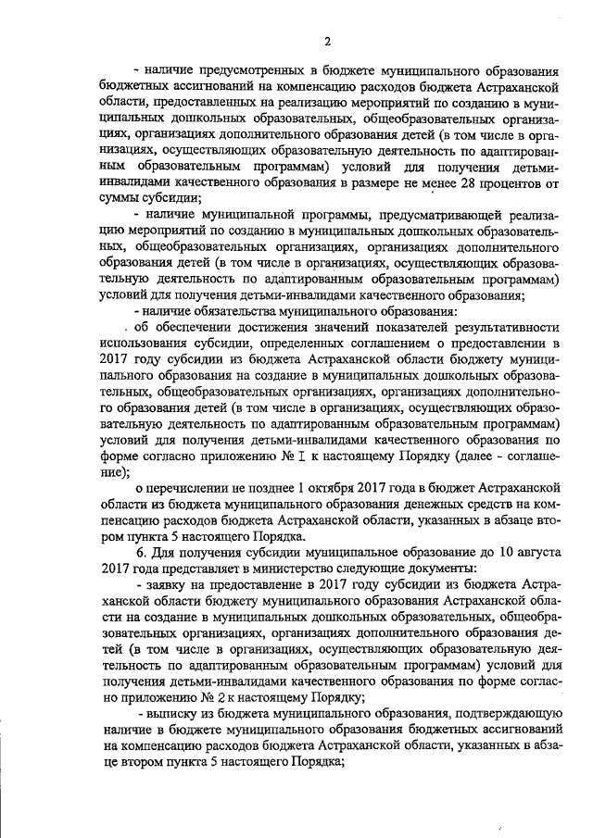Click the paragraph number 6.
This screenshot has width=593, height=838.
140,552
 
